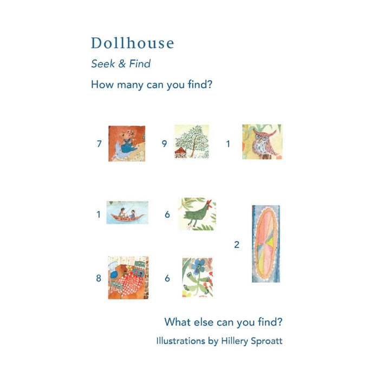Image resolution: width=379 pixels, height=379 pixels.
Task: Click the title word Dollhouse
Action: click(133, 43)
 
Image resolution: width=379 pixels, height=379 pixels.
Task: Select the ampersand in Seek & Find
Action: click(122, 64)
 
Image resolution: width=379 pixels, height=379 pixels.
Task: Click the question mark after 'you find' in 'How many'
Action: click(210, 84)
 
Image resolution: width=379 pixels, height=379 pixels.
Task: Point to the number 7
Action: click(99, 144)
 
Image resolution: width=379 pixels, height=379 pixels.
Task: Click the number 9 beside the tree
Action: click(165, 143)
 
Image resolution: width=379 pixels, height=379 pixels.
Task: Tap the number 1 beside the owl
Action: click(228, 144)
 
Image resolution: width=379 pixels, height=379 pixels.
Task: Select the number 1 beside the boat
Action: click(99, 214)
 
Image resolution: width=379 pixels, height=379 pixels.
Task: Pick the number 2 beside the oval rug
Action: click(237, 245)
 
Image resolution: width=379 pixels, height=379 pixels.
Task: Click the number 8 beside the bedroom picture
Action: click(99, 278)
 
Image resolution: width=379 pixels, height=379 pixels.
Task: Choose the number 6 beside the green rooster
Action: click(167, 214)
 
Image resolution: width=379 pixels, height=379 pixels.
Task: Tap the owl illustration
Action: click(263, 142)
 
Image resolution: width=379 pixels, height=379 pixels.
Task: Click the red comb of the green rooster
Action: click(210, 204)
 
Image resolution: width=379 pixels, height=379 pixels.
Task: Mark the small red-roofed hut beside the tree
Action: click(180, 153)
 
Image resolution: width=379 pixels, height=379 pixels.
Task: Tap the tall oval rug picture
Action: click(266, 244)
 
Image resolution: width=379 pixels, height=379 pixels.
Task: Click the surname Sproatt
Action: click(266, 341)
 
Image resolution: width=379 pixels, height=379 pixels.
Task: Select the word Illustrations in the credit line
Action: click(181, 341)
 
